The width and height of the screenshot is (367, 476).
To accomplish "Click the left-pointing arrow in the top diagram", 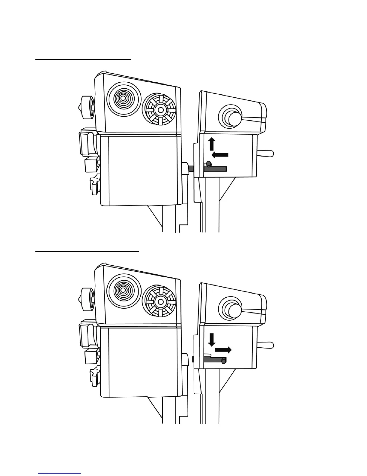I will [220, 155].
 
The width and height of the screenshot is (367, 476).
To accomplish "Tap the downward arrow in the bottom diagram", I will [212, 339].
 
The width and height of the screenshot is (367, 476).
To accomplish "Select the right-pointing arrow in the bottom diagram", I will [223, 349].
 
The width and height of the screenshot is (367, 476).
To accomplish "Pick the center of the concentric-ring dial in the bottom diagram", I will [123, 291].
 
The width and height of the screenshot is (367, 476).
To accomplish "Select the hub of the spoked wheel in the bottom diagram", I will [161, 301].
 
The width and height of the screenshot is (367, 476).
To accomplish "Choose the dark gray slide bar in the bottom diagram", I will [213, 359].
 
